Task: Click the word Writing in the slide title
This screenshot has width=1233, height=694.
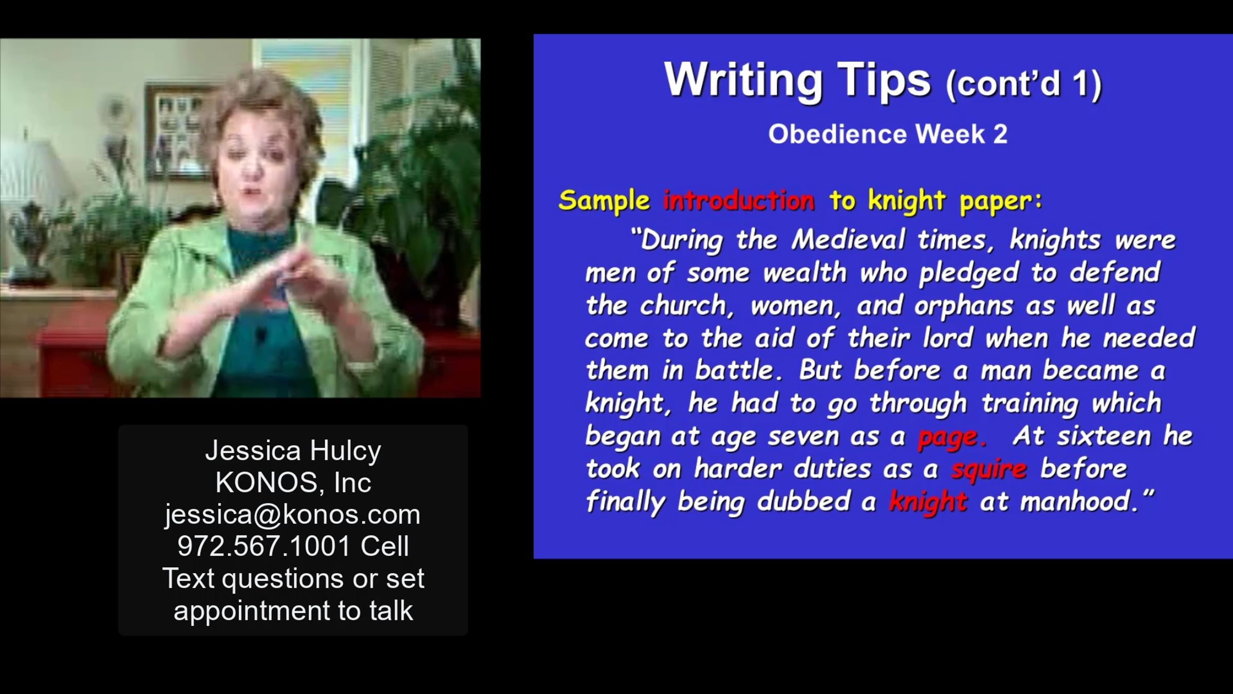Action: click(x=743, y=80)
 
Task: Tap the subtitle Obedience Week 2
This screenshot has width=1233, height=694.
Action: click(x=888, y=134)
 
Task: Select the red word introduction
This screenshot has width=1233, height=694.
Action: click(x=739, y=200)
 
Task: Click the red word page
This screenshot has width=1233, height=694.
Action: click(x=952, y=437)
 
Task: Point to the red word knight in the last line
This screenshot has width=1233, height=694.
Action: click(x=928, y=502)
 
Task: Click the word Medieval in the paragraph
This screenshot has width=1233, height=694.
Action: click(x=848, y=240)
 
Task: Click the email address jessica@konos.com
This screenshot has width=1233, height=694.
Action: click(x=293, y=515)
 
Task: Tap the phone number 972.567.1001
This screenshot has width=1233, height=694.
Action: click(x=264, y=546)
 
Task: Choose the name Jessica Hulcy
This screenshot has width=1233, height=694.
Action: click(x=293, y=451)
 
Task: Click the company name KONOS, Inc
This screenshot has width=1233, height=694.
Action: click(x=293, y=483)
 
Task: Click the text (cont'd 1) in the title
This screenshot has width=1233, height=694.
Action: click(x=1023, y=84)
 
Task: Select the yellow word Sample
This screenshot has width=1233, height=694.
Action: click(x=604, y=200)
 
